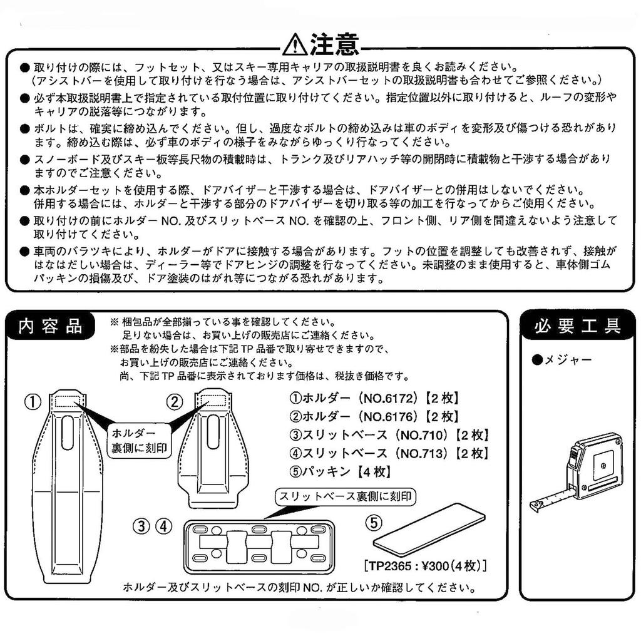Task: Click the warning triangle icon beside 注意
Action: [x=294, y=45]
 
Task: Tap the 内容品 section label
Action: [x=50, y=326]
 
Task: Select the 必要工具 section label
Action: [x=577, y=326]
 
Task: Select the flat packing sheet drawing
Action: [x=429, y=530]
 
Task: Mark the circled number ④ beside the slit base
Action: [x=163, y=526]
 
